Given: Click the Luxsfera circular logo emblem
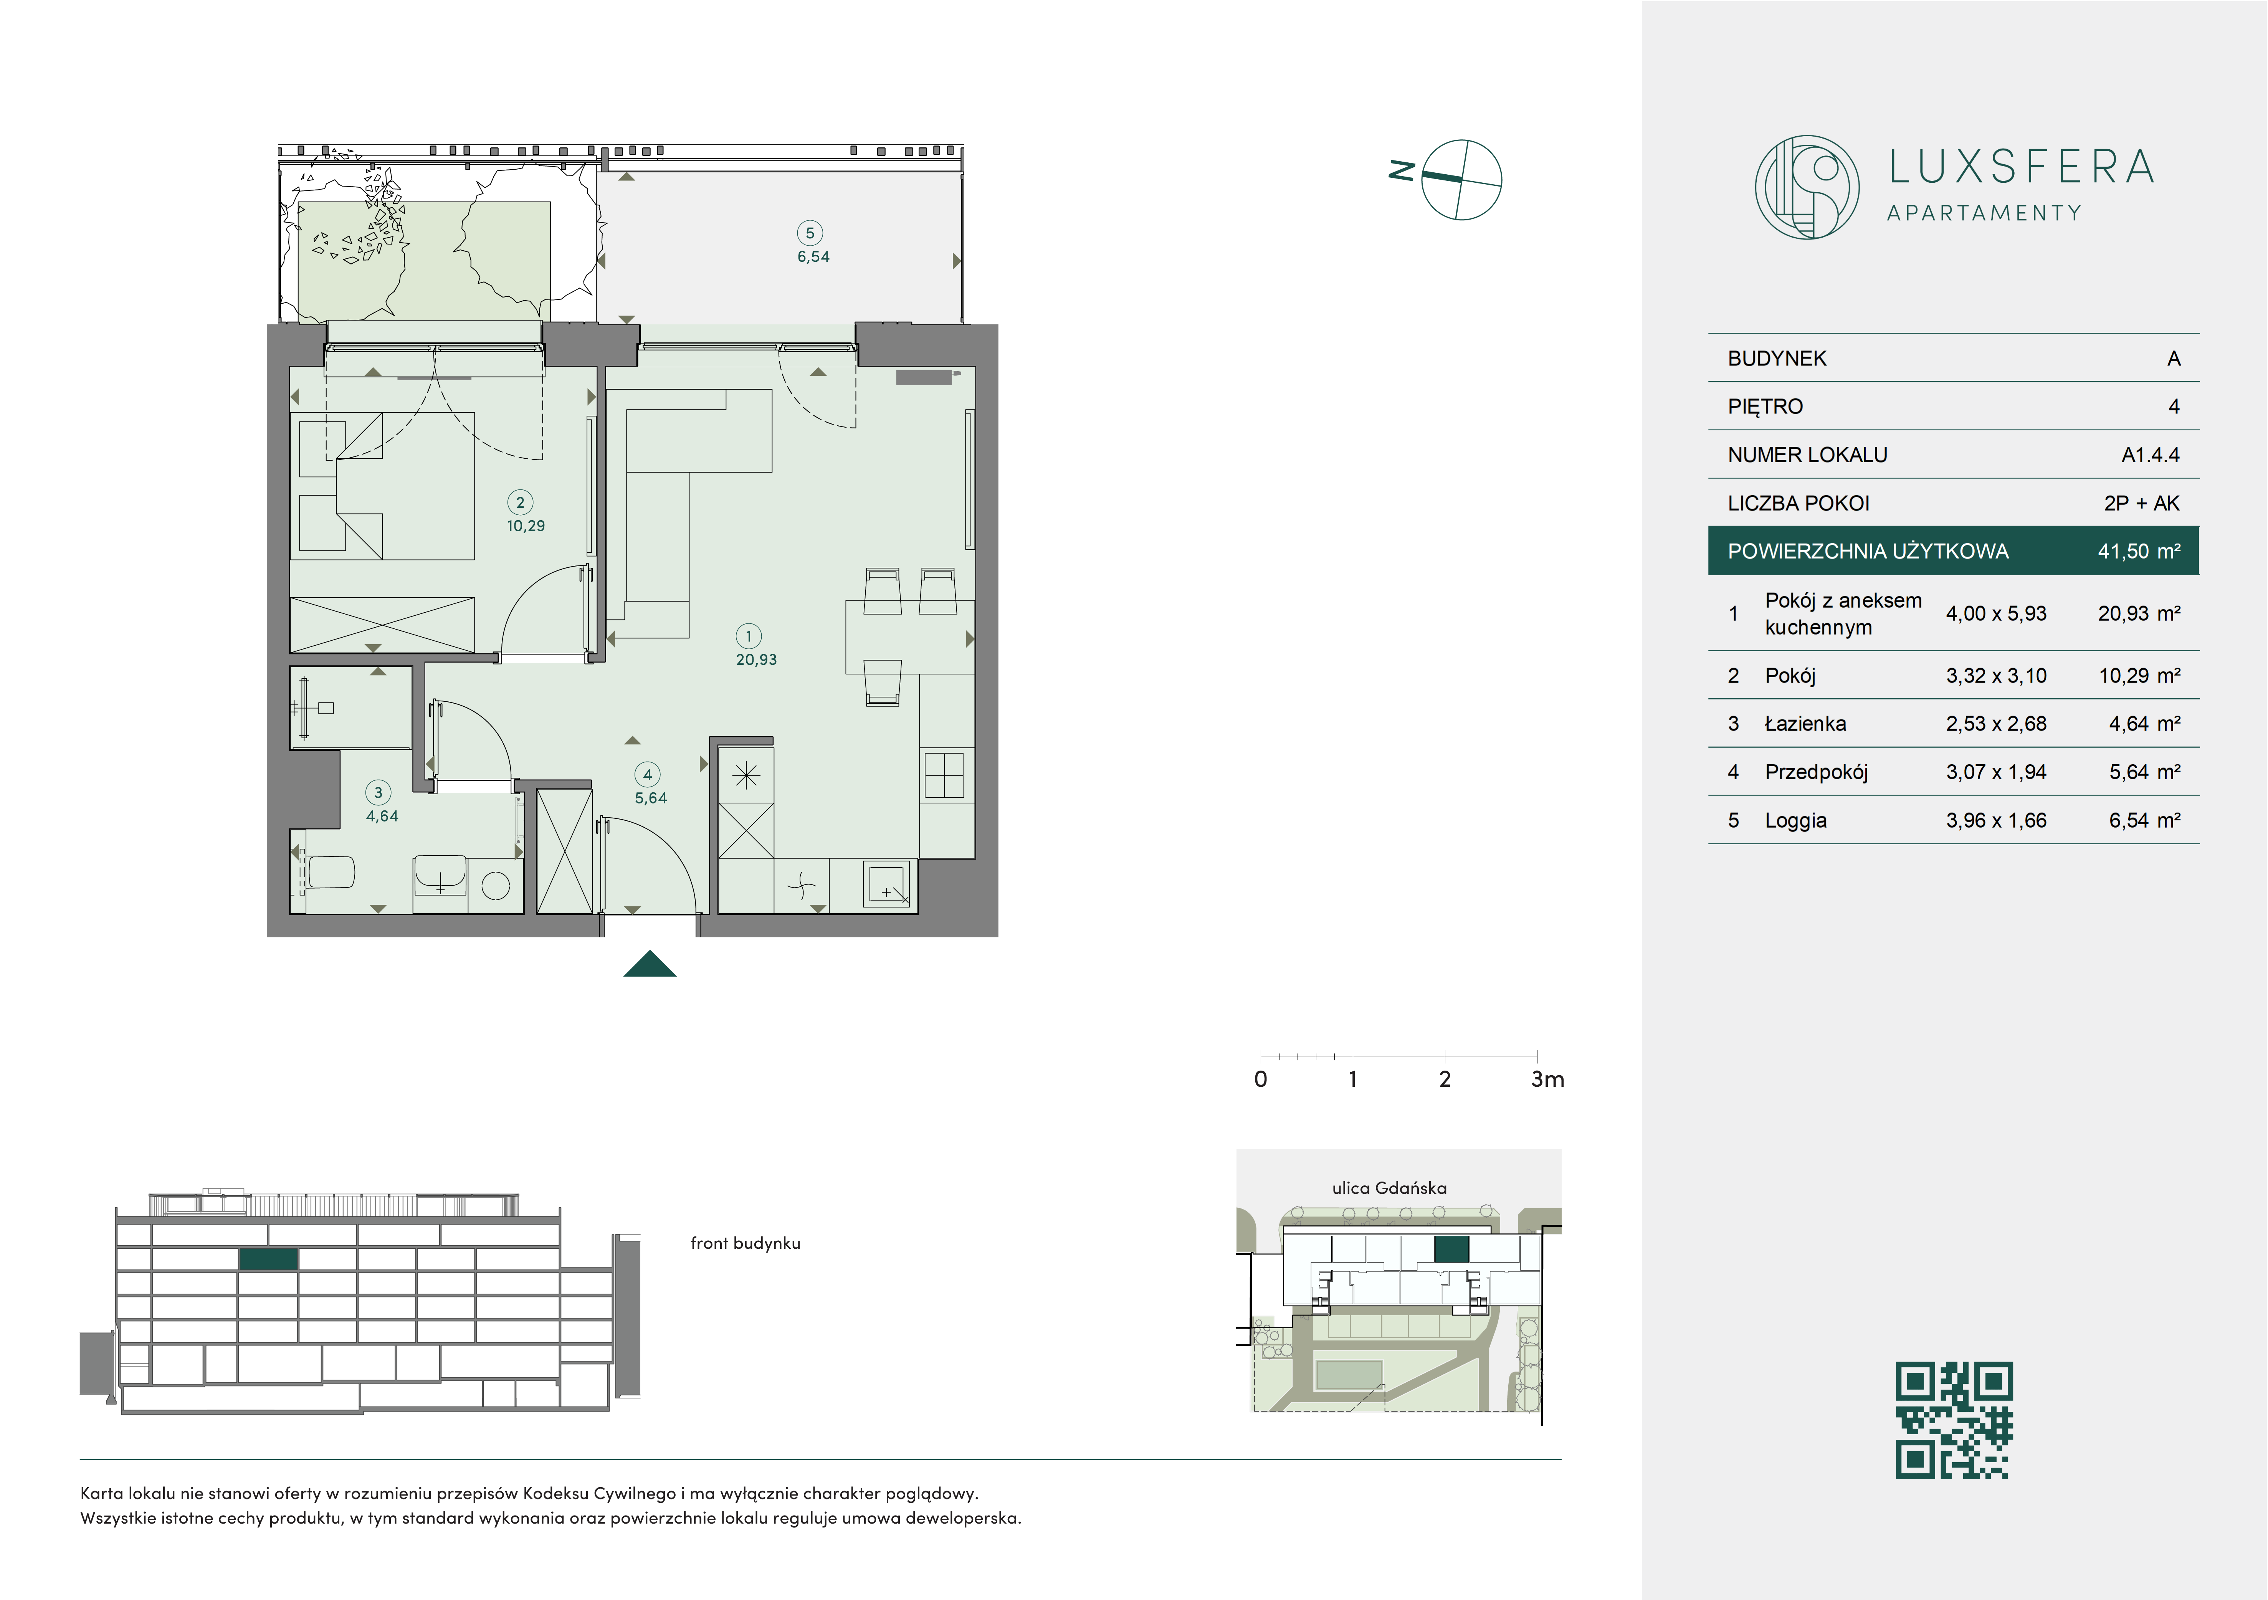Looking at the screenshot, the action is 1807,187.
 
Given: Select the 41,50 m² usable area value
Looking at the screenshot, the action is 2139,551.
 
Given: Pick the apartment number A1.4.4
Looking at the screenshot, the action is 2151,455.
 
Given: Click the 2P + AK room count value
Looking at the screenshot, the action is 2142,504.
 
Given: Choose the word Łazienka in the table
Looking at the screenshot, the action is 1805,724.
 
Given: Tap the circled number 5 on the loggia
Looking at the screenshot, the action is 810,233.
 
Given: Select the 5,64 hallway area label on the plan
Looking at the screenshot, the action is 651,798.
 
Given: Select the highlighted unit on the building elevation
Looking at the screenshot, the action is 269,1259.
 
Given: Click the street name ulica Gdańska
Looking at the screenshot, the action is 1389,1188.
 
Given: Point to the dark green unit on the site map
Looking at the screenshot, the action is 1451,1250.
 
